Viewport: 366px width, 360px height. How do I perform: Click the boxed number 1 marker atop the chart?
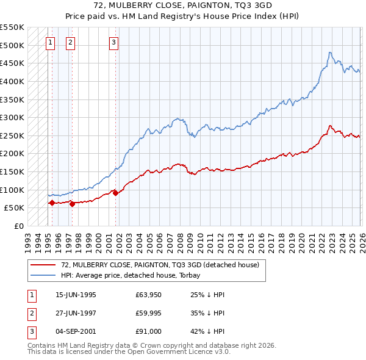(x=50, y=42)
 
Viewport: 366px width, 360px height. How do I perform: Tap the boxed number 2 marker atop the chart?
(x=71, y=42)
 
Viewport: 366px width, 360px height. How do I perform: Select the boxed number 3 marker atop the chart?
(x=114, y=42)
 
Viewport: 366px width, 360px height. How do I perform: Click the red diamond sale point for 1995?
(x=52, y=203)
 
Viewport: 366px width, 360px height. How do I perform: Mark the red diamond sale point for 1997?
(x=72, y=204)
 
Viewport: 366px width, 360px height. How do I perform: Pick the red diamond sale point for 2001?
(x=115, y=193)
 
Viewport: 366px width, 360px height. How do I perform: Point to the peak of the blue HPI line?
(x=329, y=52)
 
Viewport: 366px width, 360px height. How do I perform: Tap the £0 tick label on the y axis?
(x=18, y=226)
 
